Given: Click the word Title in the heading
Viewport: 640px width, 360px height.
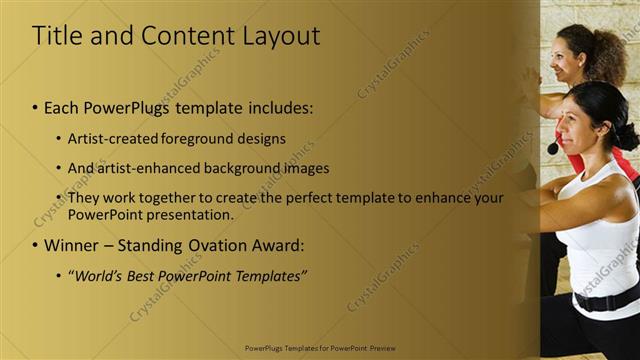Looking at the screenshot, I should point(55,36).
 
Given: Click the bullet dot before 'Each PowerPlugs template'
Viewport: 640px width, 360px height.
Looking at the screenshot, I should point(35,106).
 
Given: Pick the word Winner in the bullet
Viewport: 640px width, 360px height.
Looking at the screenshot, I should point(71,245).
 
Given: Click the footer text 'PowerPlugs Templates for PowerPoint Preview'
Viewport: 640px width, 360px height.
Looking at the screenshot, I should point(319,351).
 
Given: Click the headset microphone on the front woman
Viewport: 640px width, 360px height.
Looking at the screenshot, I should point(553,148).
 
